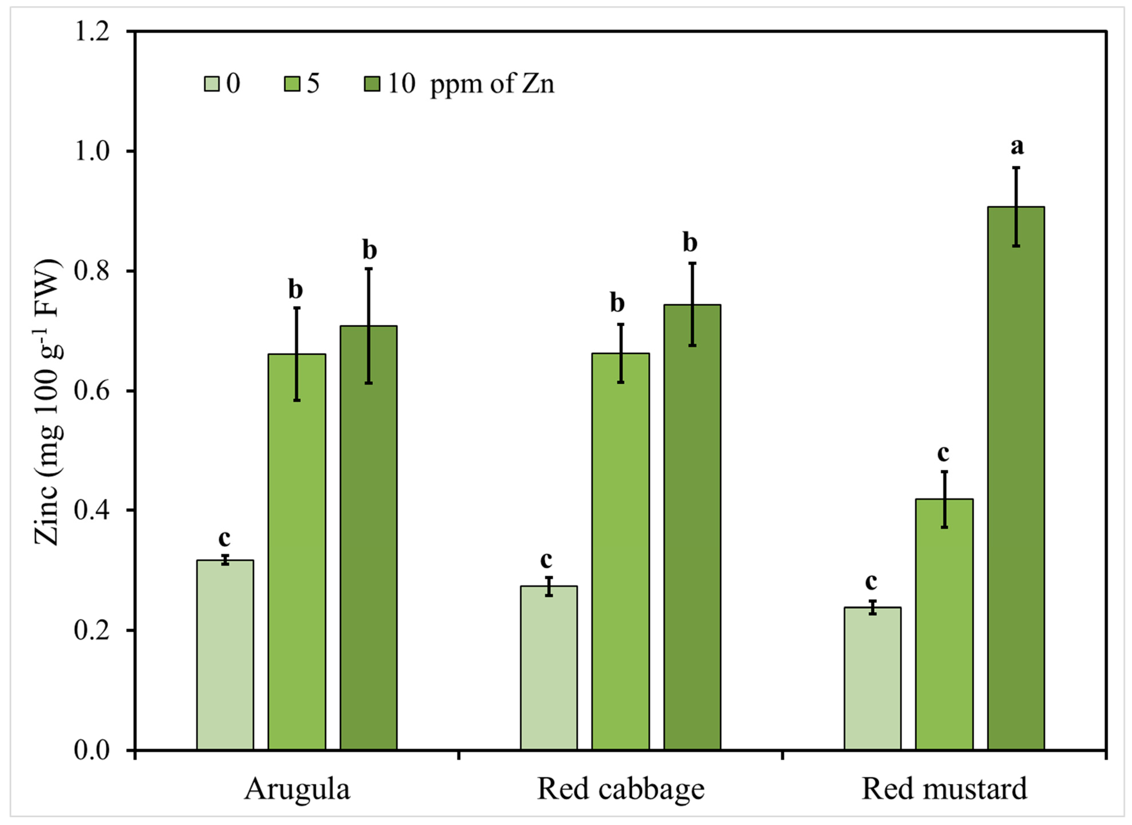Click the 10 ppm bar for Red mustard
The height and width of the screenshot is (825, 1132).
1016,479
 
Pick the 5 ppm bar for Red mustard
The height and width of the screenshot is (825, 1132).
944,624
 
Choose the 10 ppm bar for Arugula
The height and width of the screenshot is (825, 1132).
369,539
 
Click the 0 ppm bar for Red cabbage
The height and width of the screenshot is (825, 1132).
549,669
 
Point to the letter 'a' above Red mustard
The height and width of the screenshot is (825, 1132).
1017,146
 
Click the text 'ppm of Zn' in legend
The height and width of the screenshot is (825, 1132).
492,83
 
